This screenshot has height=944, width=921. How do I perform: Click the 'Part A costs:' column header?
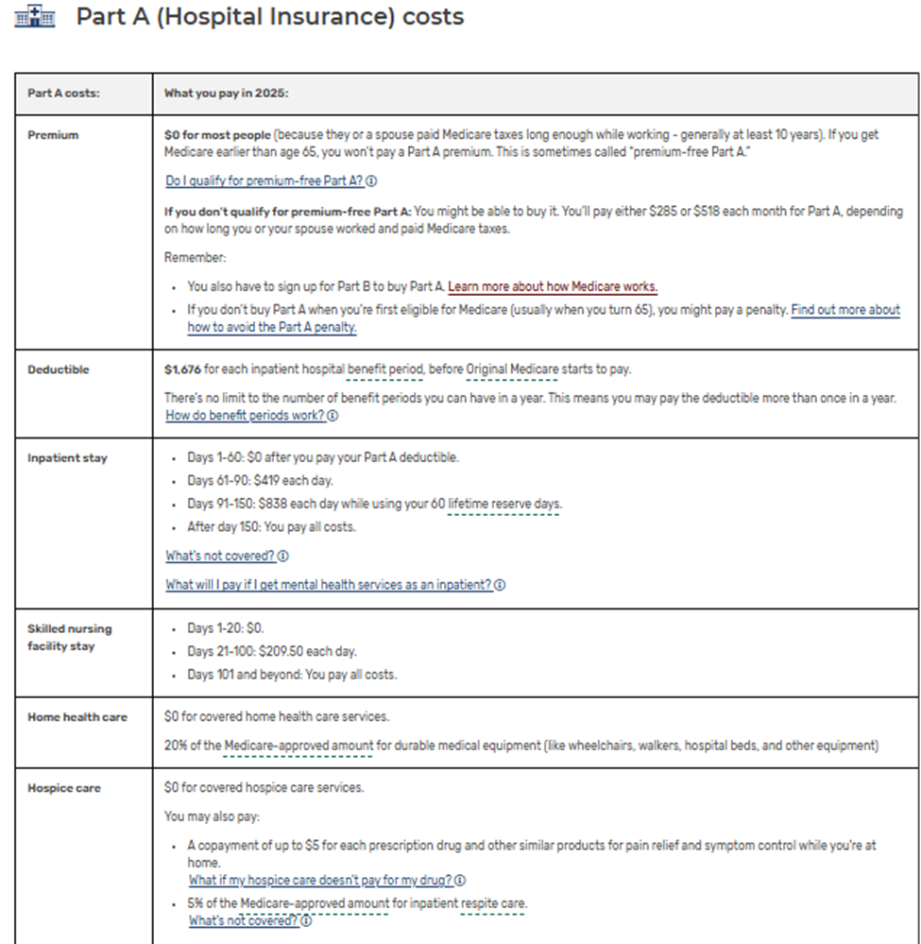tap(64, 93)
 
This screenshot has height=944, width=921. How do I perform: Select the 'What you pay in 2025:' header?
tap(226, 93)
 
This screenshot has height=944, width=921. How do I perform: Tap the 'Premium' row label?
tap(53, 135)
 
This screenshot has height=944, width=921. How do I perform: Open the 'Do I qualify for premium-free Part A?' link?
tap(264, 180)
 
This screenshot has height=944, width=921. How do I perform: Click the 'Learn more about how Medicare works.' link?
tap(553, 286)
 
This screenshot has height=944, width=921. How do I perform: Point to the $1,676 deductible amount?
tap(180, 369)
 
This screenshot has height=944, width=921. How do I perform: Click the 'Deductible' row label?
tap(59, 369)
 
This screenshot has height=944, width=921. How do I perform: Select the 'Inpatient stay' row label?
tap(67, 458)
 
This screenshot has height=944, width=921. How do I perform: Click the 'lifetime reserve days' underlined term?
tap(504, 505)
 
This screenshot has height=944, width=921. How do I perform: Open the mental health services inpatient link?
tap(329, 585)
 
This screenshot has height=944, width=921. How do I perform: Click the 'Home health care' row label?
tap(77, 717)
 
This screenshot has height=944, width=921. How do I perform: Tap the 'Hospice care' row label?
tap(64, 788)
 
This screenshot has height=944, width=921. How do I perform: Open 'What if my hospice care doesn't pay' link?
tap(320, 881)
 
